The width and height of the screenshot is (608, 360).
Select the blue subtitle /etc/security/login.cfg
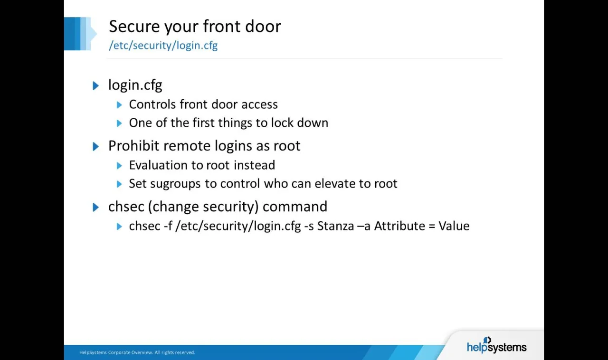coord(163,46)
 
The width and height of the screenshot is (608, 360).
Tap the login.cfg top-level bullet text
coord(135,85)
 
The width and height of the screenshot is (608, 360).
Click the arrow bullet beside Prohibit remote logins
coord(96,146)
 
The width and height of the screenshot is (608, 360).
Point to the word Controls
coord(151,104)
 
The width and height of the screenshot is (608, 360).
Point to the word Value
coord(454,226)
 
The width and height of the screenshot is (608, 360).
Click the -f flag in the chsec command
coord(168,226)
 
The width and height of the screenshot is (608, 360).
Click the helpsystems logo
coord(496,346)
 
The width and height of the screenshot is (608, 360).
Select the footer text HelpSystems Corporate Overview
coord(116,352)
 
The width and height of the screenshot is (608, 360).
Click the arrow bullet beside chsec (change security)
coord(96,207)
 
